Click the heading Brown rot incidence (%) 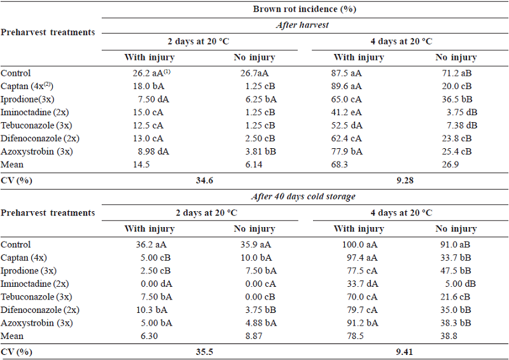point(303,8)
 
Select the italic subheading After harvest point(303,25)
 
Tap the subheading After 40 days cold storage point(303,197)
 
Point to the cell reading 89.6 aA point(359,87)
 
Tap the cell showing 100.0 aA point(359,245)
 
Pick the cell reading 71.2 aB point(456,73)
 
